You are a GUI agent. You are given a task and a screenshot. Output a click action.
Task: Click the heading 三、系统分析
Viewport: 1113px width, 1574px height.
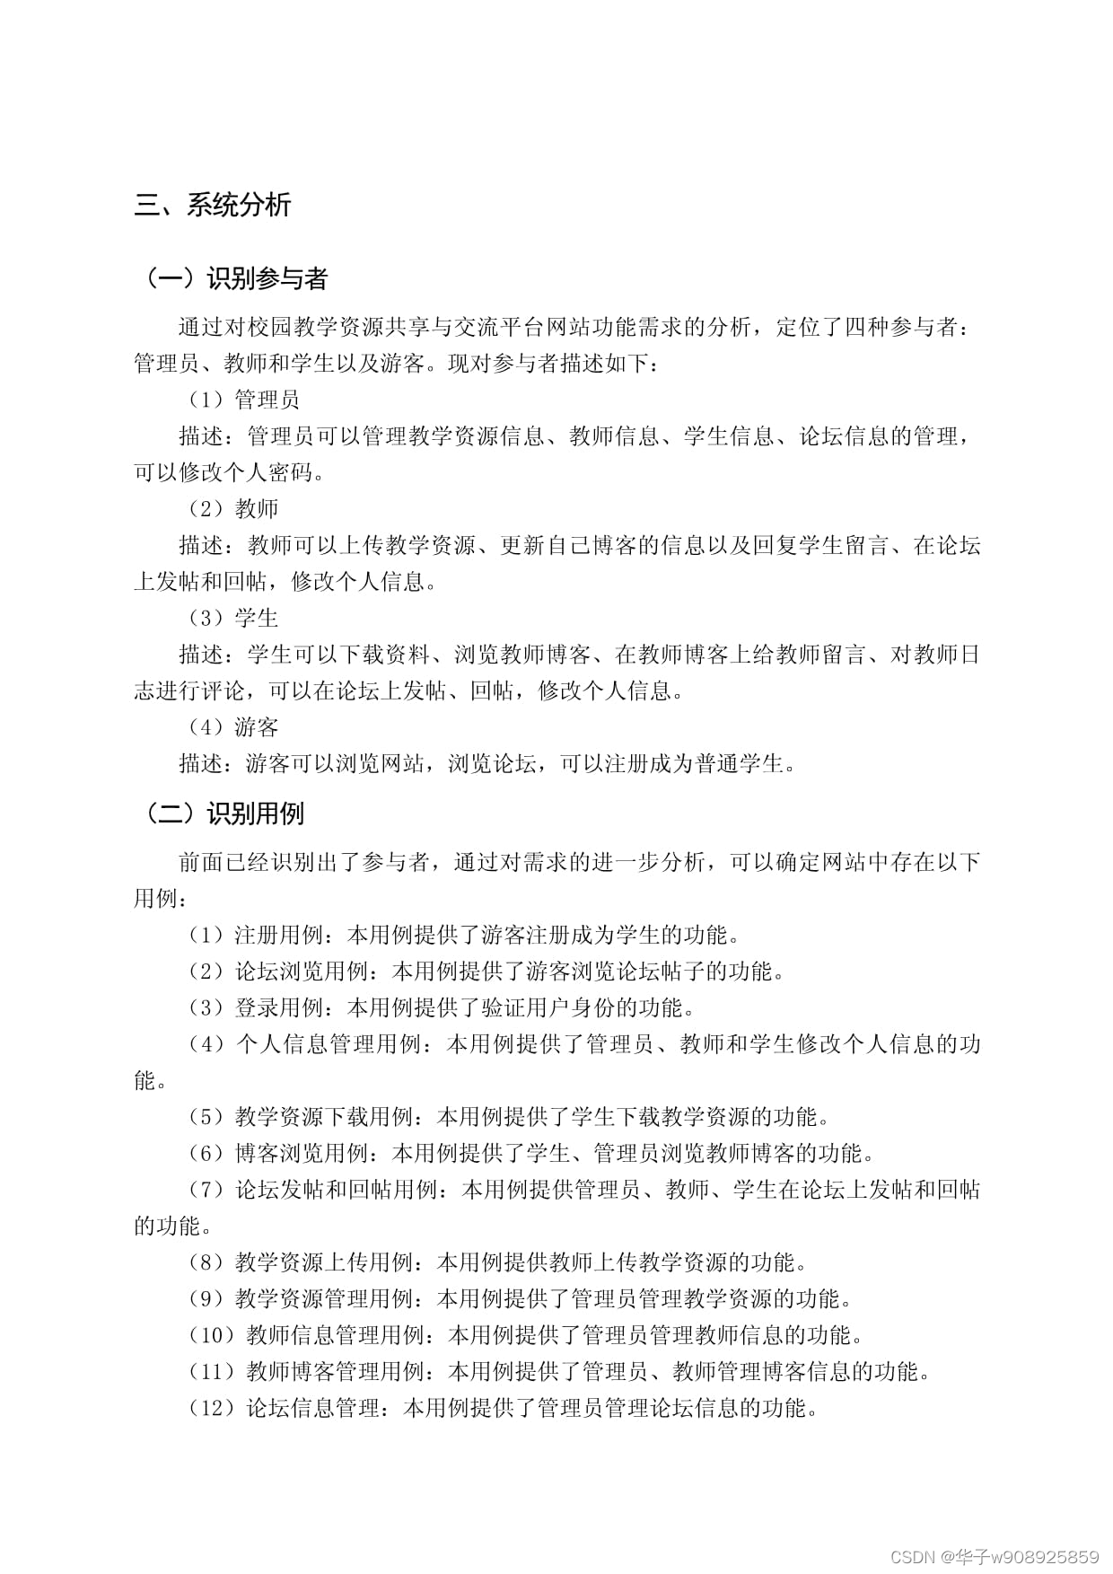click(x=213, y=206)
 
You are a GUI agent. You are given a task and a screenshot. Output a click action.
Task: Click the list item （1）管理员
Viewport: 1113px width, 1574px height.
click(x=242, y=400)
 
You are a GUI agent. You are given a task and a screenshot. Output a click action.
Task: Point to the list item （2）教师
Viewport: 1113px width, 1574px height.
click(x=232, y=509)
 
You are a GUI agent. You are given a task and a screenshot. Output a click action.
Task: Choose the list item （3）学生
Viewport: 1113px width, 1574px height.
click(x=232, y=619)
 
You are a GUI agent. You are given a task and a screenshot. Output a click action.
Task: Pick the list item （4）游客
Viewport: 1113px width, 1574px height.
click(x=232, y=727)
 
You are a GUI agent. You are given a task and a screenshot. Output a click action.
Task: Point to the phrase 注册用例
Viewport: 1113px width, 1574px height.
click(x=278, y=936)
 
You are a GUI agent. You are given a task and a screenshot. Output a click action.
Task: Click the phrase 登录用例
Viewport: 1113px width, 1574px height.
click(x=278, y=1008)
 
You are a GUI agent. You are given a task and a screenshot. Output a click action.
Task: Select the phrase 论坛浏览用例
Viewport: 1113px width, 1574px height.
click(x=301, y=972)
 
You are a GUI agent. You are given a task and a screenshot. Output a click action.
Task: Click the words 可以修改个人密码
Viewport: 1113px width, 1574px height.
click(x=223, y=472)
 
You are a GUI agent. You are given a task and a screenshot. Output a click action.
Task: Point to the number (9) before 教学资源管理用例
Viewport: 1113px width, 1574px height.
click(x=206, y=1299)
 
